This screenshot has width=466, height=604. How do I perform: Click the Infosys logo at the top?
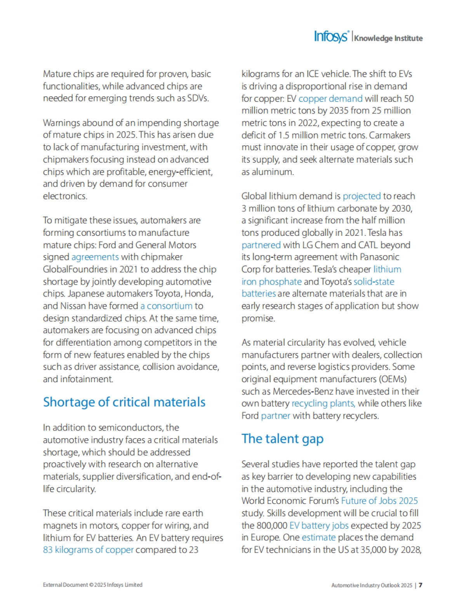tap(331, 37)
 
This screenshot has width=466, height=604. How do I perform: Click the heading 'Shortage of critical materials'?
tap(124, 402)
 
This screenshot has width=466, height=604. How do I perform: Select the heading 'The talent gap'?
tap(282, 439)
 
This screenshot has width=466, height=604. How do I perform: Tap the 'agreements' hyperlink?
tap(95, 257)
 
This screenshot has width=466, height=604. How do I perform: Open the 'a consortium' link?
tap(166, 306)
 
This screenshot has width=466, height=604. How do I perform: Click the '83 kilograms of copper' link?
tap(88, 550)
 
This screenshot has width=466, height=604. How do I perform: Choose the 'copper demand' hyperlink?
tap(330, 98)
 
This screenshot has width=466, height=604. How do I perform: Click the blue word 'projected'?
tap(362, 196)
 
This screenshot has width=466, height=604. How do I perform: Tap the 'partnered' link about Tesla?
tap(261, 245)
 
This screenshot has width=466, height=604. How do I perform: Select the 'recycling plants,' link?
tap(323, 403)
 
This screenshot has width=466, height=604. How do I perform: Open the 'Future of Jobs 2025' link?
tap(379, 501)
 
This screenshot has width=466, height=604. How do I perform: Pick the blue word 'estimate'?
tap(318, 538)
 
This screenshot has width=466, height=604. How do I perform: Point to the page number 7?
tap(420, 585)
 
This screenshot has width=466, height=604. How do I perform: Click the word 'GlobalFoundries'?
tap(74, 269)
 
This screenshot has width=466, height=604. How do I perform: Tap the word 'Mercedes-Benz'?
tap(303, 391)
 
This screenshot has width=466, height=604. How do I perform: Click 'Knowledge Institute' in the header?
tap(388, 38)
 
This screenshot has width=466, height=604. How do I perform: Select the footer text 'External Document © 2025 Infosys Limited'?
tap(92, 585)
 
